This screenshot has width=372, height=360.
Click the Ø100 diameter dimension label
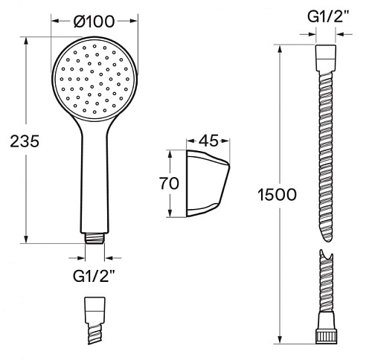(x=94, y=22)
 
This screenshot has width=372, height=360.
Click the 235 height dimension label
(x=25, y=141)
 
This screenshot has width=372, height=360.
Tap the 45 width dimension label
(x=208, y=141)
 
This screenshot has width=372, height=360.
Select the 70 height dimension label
(x=169, y=184)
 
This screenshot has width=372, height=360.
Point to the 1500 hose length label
(x=277, y=195)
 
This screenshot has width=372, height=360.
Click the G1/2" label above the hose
(x=328, y=17)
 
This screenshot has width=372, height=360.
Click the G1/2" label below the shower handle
(x=94, y=276)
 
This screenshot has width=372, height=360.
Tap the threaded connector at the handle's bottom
(x=94, y=238)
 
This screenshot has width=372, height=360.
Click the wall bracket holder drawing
(x=208, y=184)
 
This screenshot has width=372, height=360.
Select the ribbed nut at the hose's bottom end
(x=326, y=336)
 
